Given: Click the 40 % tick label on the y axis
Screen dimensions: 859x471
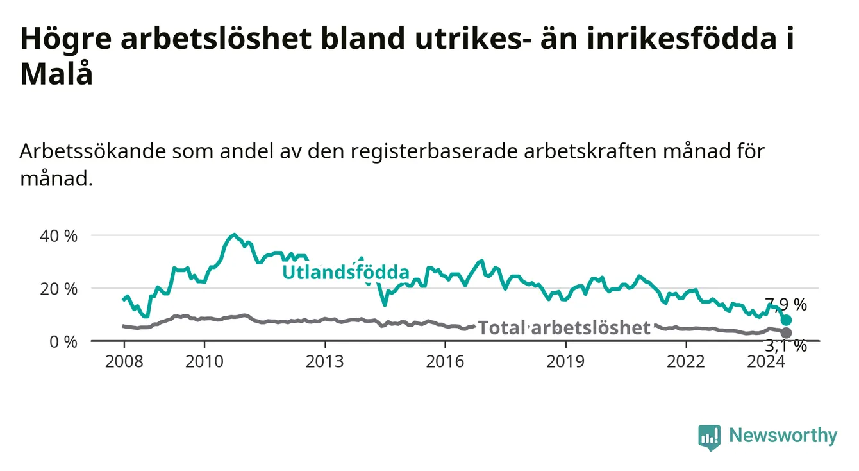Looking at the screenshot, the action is pos(58,236).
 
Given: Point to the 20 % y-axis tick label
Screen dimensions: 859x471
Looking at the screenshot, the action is pos(58,289).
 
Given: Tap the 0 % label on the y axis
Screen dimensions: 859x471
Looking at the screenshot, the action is pos(63,342).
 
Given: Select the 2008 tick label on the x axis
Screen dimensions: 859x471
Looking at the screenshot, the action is pos(124,362).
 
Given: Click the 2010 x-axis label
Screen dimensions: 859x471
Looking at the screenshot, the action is pos(204,362).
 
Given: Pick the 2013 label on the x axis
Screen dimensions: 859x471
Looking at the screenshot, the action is pos(325,362).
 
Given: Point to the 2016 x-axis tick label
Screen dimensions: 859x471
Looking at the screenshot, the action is pos(446,362).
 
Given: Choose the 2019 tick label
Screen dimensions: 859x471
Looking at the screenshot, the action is pos(565,362).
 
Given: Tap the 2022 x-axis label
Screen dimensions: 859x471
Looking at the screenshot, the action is pos(686,362).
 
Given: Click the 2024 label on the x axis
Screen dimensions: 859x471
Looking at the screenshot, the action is pos(766,362).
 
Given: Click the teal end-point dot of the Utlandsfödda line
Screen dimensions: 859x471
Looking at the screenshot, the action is pos(786,320).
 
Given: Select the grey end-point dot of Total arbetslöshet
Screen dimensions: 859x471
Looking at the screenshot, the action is pos(786,332).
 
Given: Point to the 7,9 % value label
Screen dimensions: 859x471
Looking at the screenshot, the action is pos(786,305).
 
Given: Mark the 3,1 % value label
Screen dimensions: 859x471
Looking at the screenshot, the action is pos(786,347).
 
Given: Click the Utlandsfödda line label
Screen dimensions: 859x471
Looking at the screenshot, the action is pos(346,272).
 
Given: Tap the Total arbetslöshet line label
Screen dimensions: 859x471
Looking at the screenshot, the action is pos(564,328).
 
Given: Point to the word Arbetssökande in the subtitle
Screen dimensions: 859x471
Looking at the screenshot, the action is pos(93,151).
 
